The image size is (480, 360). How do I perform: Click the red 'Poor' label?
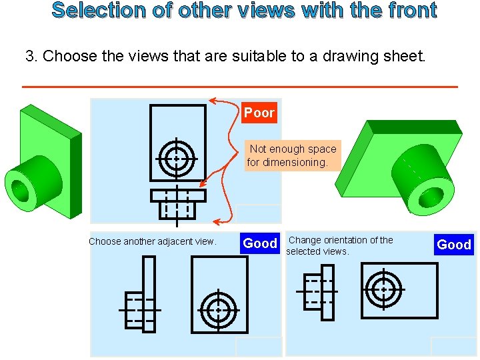coord(259,113)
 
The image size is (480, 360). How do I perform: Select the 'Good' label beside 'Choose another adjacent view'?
coord(260,243)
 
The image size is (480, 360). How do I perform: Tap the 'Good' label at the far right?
coord(453,245)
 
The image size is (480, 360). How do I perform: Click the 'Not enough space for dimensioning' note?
coord(292,155)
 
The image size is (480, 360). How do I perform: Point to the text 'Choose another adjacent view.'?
coord(153,241)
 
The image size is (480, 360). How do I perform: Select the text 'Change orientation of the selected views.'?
coord(340,245)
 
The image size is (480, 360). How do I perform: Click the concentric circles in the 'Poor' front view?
coord(177,159)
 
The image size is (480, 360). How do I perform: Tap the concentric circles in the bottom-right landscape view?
coord(383,289)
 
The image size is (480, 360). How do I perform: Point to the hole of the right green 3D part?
coord(431,195)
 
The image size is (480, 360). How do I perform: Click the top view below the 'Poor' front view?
coord(177,204)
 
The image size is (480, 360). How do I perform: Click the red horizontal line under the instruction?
coord(240,87)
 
